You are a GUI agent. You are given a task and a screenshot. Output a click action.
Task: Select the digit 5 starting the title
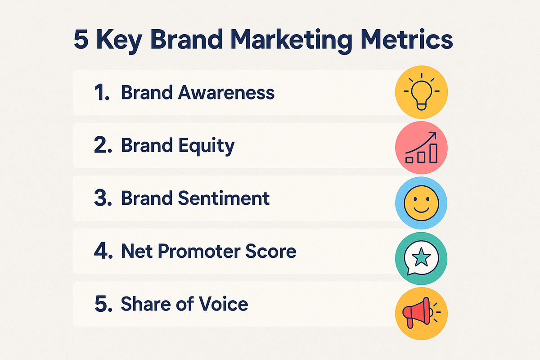[x=81, y=39]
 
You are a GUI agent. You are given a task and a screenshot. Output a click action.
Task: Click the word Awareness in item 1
[x=226, y=92]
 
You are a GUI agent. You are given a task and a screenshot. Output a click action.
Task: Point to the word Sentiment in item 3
[x=224, y=198]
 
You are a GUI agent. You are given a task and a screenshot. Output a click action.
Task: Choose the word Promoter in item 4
[x=199, y=252]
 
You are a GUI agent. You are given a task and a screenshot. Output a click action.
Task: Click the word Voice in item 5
[x=224, y=304]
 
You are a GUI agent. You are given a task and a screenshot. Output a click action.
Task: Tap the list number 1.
[x=102, y=92]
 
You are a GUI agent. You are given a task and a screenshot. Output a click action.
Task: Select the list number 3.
[x=103, y=198]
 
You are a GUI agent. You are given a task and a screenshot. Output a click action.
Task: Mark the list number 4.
[x=103, y=251]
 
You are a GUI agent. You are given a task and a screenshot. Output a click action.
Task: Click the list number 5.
[x=103, y=304]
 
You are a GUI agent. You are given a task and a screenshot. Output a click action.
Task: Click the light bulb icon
[x=421, y=93]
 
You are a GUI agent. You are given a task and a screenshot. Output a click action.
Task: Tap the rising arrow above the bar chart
[x=421, y=142]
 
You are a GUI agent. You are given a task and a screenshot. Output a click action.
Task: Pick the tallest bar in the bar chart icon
[x=433, y=153]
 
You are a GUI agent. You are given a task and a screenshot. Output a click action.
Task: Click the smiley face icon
[x=421, y=203]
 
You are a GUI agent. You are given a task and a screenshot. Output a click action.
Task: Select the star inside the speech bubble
[x=421, y=257]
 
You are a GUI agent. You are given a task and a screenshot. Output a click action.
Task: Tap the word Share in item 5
[x=145, y=304]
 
